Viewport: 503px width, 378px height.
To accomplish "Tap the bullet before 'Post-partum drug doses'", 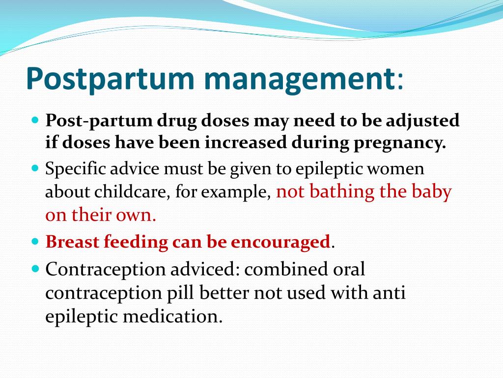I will [35, 120].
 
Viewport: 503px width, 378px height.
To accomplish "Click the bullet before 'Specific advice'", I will [35, 168].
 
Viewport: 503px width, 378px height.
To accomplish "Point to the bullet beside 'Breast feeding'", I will [35, 242].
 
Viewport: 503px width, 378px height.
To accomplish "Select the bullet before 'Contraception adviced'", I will [35, 269].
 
